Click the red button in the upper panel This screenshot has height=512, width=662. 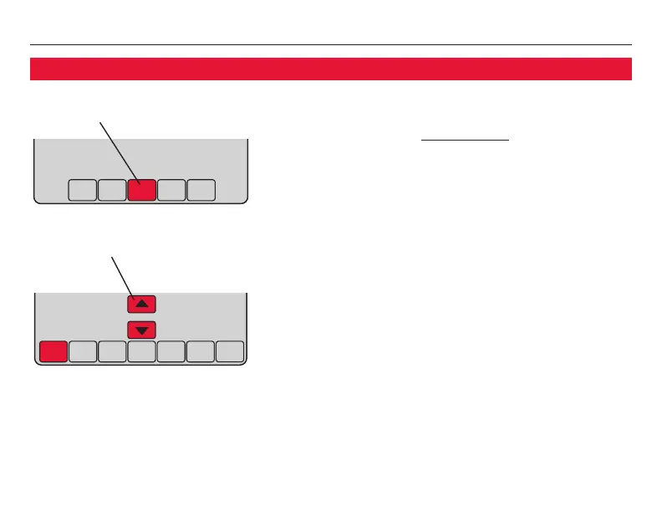pos(141,191)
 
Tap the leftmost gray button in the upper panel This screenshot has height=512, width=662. pos(82,191)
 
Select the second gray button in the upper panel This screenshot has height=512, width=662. pos(111,191)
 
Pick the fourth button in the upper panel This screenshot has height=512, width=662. pos(171,191)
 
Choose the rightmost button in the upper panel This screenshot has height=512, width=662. pos(201,191)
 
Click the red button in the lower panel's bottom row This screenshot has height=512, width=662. pos(52,351)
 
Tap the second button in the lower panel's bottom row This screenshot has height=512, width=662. pos(82,351)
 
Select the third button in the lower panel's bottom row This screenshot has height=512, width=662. pos(111,351)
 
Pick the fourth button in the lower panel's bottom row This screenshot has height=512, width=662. pos(141,351)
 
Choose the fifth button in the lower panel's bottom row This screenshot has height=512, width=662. pos(171,351)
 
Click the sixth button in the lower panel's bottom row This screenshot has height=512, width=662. pos(201,351)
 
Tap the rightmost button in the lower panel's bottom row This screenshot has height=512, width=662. pos(230,351)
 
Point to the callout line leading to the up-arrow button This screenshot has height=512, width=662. pos(122,276)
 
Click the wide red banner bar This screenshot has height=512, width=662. pos(330,69)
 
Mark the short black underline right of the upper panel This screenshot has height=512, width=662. pos(465,141)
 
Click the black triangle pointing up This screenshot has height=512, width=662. pos(141,304)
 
